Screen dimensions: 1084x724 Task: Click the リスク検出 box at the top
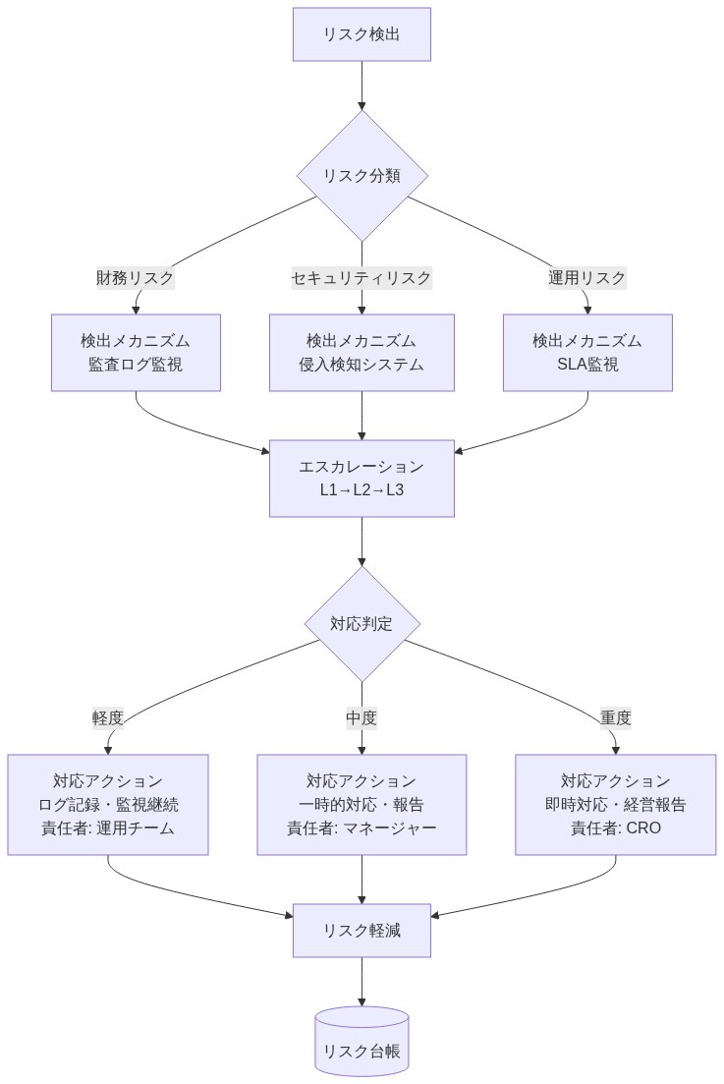362,34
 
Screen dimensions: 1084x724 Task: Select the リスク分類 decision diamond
362,175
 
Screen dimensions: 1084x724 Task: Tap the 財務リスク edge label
135,278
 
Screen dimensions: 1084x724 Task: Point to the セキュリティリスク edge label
362,278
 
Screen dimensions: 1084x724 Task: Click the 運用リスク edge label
586,278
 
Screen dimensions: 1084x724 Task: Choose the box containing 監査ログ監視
136,353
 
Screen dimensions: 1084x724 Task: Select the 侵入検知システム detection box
362,353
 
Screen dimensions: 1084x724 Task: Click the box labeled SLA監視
587,353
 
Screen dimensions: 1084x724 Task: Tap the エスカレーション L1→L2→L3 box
362,478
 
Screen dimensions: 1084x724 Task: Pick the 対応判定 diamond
362,623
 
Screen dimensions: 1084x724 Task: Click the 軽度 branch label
108,717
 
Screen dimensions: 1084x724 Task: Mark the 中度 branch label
362,717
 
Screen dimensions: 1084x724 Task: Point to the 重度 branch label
616,717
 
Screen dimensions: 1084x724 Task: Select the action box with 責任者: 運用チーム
108,804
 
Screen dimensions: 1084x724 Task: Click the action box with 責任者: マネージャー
362,804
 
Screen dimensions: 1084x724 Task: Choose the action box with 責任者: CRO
616,804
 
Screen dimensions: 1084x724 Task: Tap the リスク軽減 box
362,930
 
